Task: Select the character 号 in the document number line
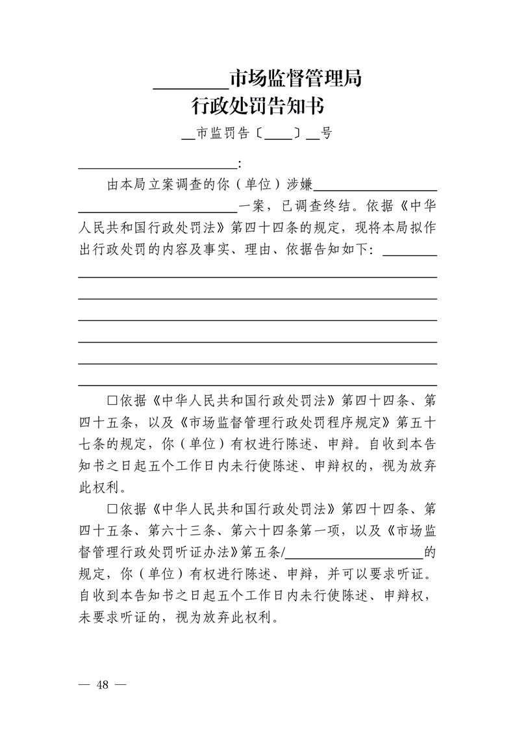coord(326,134)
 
